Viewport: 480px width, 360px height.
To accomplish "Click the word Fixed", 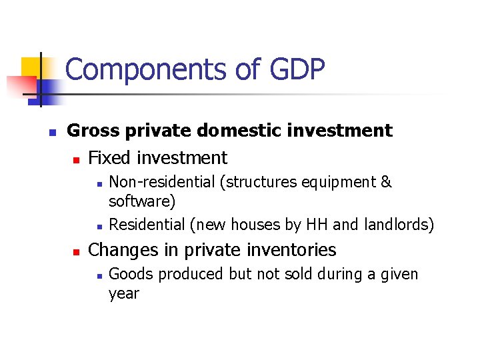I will [110, 158].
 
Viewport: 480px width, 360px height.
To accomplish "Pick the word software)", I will [142, 201].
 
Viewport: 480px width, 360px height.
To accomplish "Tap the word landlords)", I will [399, 225].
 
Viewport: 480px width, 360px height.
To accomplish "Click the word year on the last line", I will [124, 293].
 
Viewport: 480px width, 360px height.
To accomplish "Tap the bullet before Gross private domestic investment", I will [53, 131].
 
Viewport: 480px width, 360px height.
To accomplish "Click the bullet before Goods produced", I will [98, 275].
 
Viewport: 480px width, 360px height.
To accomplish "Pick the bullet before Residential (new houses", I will [98, 226].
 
